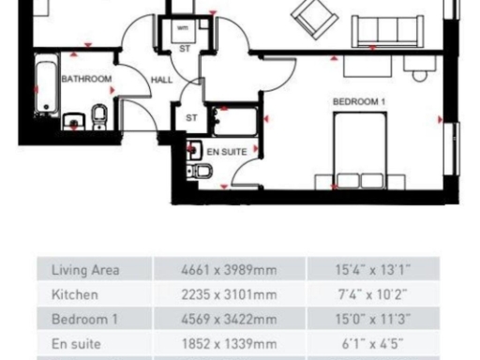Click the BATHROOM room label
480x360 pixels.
click(86, 79)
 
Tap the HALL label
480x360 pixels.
click(161, 79)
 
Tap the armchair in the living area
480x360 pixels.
click(310, 14)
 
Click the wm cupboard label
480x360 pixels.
click(184, 28)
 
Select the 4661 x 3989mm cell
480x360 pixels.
click(229, 271)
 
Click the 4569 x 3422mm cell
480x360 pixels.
click(229, 318)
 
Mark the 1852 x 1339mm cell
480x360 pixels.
click(229, 341)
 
